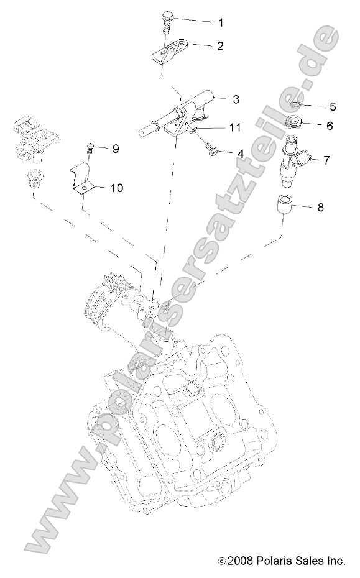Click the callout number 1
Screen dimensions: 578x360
[x=221, y=22]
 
